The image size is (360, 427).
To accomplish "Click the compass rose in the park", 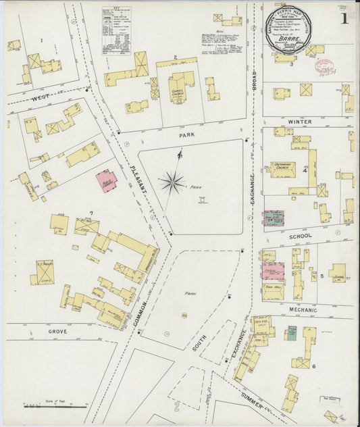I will tap(174, 180).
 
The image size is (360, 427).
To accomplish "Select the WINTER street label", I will tap(299, 122).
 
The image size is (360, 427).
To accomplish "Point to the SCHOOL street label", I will tap(300, 236).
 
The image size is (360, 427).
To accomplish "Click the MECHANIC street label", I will tap(303, 310).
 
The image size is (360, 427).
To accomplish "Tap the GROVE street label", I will tap(58, 332).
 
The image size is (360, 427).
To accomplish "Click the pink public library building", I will tap(106, 180).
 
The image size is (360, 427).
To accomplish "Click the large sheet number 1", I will tap(344, 18).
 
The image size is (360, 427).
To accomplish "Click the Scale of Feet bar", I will tap(54, 406).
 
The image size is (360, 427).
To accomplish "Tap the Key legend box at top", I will tap(117, 30).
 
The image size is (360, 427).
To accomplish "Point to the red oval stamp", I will tap(324, 65).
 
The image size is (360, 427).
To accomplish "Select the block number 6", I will tap(314, 366).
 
